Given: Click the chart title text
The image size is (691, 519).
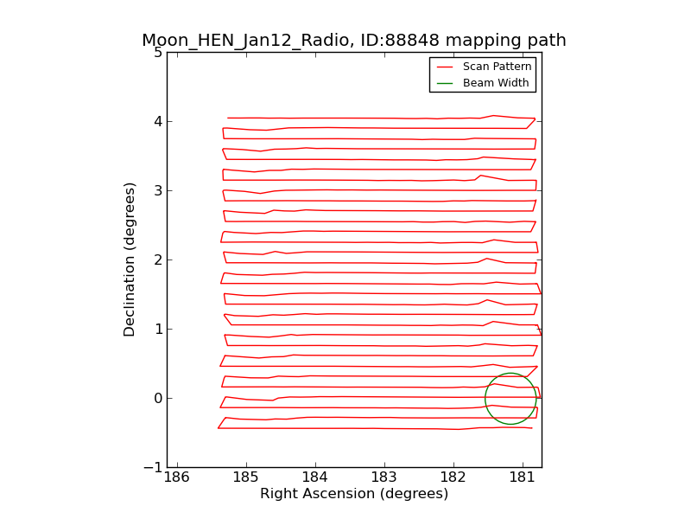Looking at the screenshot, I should coord(354,41).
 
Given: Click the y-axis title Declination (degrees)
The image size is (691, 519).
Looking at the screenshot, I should coord(130,259).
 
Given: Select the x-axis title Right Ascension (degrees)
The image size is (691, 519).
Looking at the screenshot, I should coord(354,494).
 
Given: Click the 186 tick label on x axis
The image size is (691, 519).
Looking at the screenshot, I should coord(177,477).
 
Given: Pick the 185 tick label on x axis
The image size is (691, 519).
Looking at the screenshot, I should coord(246,477).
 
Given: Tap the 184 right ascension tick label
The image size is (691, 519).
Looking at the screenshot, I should coord(315,477).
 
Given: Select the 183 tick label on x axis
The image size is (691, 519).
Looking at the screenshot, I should coord(384,477).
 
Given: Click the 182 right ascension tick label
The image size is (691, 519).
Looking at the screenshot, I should coord(453,477).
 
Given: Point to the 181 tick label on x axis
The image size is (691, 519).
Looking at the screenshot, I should coord(523,477).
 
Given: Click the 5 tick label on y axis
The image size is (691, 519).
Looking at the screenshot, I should coord(158,52).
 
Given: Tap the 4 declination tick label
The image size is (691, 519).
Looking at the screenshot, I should coord(158,121).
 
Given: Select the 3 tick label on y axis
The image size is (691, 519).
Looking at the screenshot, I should coord(158,190).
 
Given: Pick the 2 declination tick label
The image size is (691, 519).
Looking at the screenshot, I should coord(158,259).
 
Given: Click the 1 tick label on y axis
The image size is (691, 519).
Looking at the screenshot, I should coord(158,329).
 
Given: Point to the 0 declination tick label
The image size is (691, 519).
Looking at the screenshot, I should coord(158,398).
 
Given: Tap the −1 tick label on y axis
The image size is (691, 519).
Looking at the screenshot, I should coord(154,467).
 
